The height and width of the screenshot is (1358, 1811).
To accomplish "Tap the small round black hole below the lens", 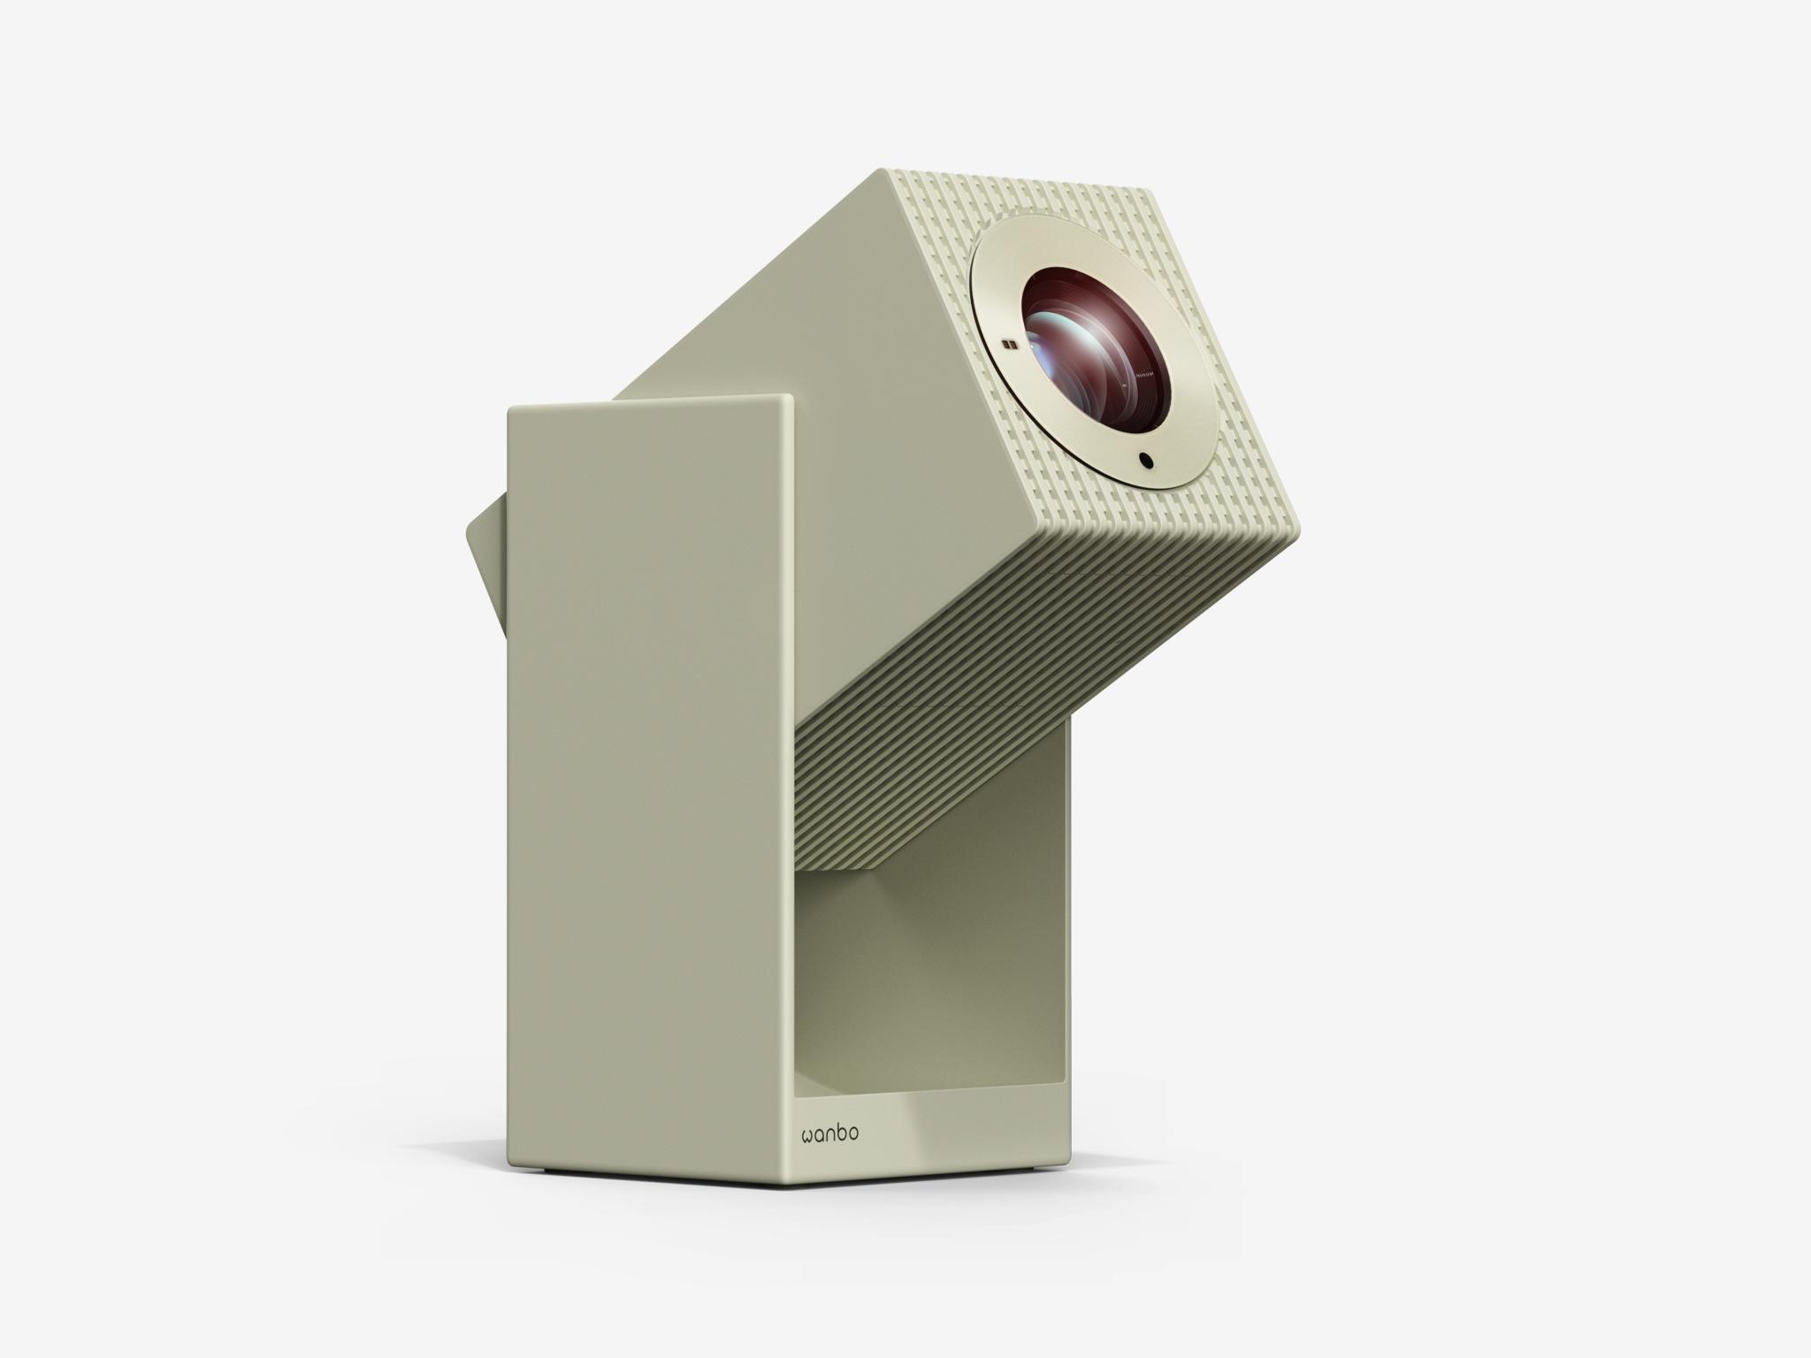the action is pos(1146,460).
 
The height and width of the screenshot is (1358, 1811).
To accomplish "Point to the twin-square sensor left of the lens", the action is pos(1008,346).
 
